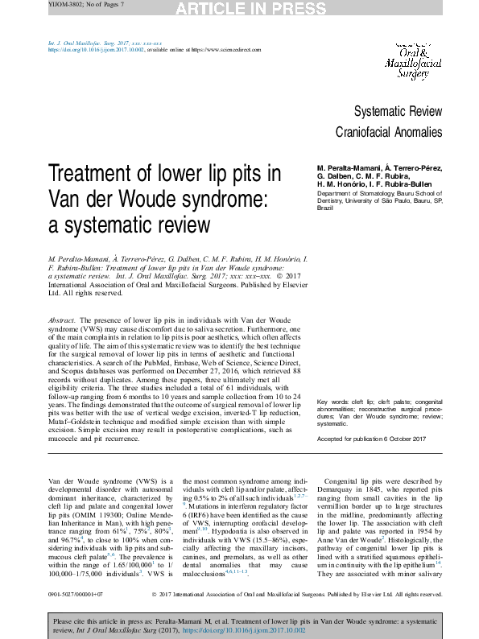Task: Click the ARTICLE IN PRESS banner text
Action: [x=239, y=9]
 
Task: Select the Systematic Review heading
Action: [x=398, y=111]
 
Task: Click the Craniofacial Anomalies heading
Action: [x=389, y=131]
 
